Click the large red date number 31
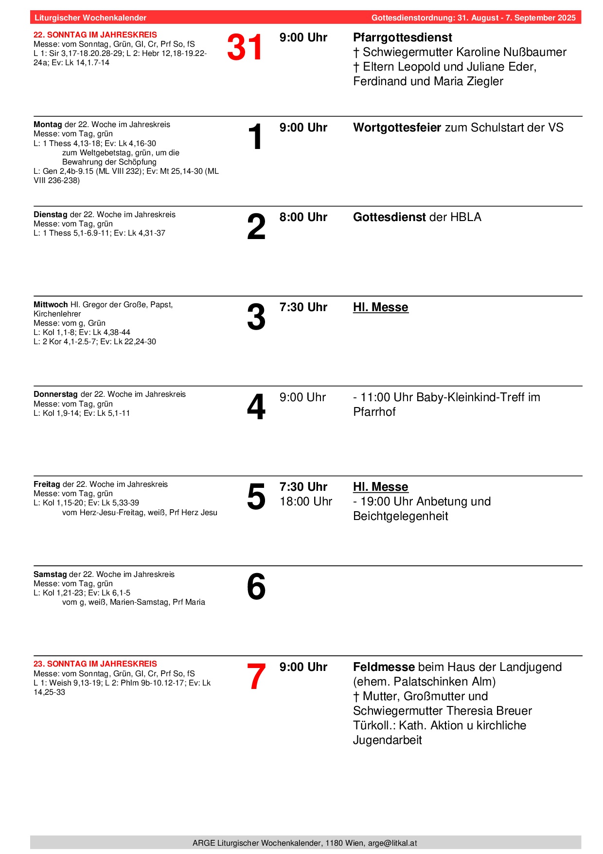(245, 48)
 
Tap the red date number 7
(256, 677)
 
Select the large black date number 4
(256, 407)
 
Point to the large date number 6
(256, 587)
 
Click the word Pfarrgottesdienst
(402, 37)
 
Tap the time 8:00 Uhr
(303, 217)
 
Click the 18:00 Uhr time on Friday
(305, 501)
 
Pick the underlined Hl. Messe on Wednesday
(380, 307)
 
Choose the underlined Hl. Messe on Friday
(380, 487)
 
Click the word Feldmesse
(384, 667)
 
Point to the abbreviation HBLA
(465, 217)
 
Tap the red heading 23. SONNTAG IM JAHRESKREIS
(95, 664)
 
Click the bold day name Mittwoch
(51, 305)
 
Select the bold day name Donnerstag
(55, 394)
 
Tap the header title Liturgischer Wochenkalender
(90, 18)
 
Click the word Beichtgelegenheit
(400, 516)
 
